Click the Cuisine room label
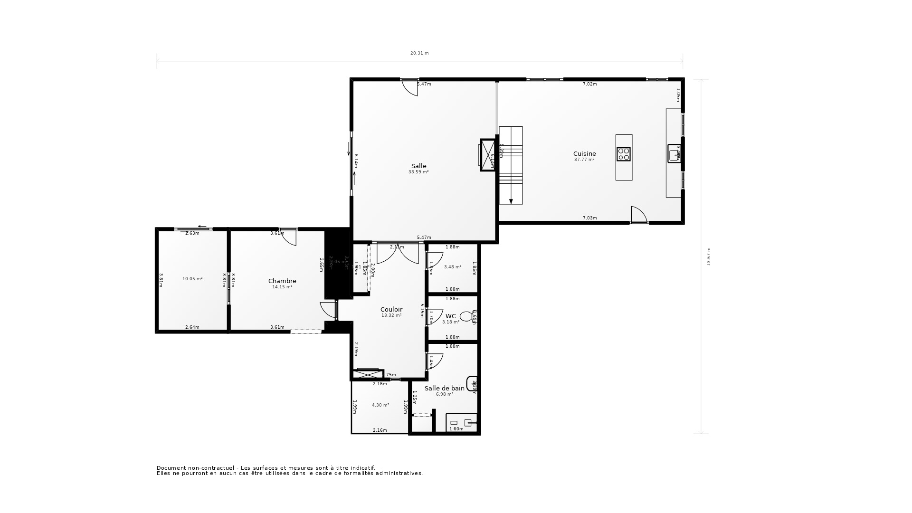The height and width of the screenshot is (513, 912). (x=584, y=154)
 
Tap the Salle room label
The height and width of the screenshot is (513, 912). (x=418, y=166)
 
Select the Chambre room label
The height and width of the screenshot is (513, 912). (x=282, y=281)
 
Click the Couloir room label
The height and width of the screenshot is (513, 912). (x=391, y=310)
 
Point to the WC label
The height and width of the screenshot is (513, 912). (x=451, y=316)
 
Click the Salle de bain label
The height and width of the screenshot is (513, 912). (x=445, y=389)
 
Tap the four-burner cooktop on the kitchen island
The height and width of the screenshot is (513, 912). (x=624, y=154)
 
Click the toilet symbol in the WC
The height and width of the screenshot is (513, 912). (x=466, y=316)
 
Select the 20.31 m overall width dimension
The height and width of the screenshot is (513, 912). (x=419, y=53)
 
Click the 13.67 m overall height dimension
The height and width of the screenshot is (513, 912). (x=709, y=256)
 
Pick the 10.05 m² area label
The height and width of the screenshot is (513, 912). (x=192, y=279)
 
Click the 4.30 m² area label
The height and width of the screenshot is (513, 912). (x=380, y=405)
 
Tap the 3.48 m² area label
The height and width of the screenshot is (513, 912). (x=453, y=267)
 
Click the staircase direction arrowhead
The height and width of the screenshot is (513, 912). (x=511, y=201)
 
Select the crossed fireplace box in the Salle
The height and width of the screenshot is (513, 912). (x=488, y=155)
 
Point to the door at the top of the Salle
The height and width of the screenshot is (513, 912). (x=409, y=87)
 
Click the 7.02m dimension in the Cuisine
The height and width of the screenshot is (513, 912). (x=589, y=84)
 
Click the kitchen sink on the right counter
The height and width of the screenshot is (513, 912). (x=674, y=154)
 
